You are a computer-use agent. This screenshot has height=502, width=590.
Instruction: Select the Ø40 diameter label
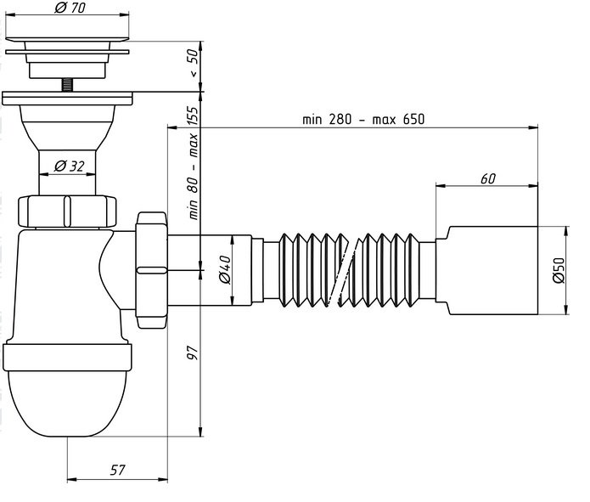[x=224, y=269]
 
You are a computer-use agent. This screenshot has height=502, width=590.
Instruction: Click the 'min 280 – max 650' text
[x=362, y=119]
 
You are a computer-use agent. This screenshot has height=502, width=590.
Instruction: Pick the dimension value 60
[x=487, y=178]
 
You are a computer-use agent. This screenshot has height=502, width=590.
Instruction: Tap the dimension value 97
[x=192, y=351]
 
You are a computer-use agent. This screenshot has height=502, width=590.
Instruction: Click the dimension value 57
[x=117, y=468]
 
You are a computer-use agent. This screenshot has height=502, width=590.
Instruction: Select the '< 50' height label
[x=193, y=64]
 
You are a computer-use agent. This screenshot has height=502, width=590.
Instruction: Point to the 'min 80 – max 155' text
[x=193, y=162]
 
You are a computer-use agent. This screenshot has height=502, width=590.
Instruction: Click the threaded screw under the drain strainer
[x=67, y=86]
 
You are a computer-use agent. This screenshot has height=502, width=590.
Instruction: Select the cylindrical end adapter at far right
[x=492, y=269]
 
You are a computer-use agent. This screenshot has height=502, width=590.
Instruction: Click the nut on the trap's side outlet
[x=151, y=269]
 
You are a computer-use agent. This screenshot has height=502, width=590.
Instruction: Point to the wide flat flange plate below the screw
[x=67, y=98]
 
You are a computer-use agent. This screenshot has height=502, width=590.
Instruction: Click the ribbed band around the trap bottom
[x=67, y=356]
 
